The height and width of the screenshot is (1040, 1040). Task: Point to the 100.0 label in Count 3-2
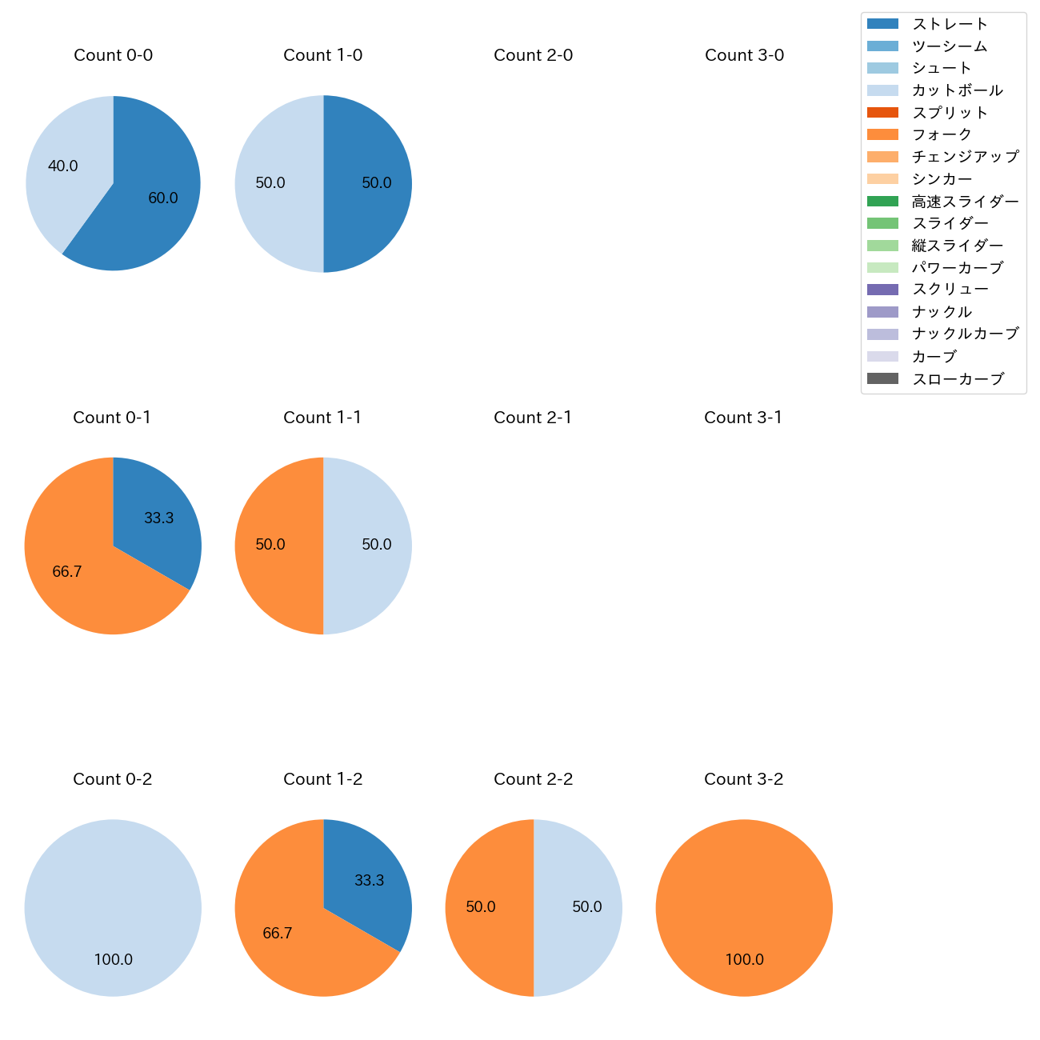744,959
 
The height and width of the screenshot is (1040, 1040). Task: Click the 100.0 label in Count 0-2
113,959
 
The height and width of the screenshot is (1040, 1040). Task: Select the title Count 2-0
533,55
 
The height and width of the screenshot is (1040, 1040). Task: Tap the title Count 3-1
743,418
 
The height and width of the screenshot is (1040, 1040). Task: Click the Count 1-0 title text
322,55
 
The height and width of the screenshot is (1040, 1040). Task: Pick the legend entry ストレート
950,24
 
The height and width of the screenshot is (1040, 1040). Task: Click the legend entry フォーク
942,134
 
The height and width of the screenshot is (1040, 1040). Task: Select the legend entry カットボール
957,90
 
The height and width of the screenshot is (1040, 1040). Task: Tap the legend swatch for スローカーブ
882,378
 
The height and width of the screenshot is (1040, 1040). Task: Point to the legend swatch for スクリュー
882,290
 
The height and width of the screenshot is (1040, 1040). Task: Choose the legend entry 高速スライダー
965,202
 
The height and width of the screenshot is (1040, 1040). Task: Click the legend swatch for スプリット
882,112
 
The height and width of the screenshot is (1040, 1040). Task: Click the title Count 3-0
744,55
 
